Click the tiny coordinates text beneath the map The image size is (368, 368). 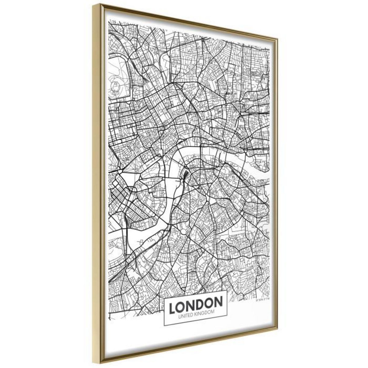263,297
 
